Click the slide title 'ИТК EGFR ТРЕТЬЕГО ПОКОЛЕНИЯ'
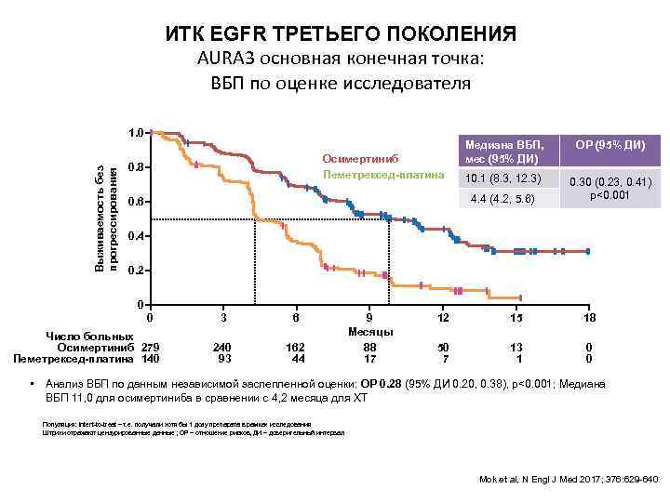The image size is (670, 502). pyautogui.click(x=341, y=35)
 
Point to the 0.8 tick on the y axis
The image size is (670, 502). pyautogui.click(x=136, y=167)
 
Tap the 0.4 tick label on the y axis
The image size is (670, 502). pyautogui.click(x=136, y=236)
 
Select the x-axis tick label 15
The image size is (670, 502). pyautogui.click(x=516, y=319)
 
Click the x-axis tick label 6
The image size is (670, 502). pyautogui.click(x=296, y=319)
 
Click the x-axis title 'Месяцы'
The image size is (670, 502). pyautogui.click(x=369, y=333)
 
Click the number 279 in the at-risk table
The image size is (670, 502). pyautogui.click(x=151, y=347)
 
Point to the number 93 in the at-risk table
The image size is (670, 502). pyautogui.click(x=223, y=359)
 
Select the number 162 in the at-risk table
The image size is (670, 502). pyautogui.click(x=296, y=347)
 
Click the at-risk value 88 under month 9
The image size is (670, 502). pyautogui.click(x=369, y=347)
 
